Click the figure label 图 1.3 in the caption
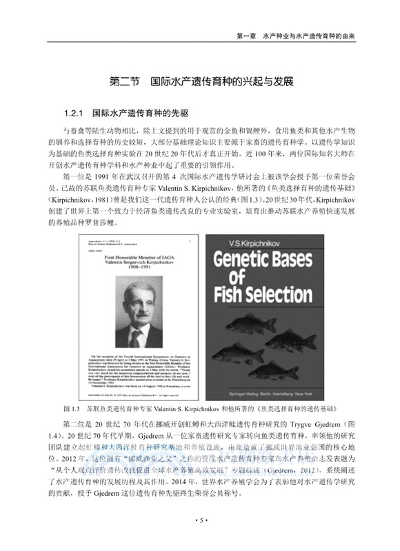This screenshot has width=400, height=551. (x=73, y=408)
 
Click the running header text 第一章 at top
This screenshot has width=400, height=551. (x=246, y=35)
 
